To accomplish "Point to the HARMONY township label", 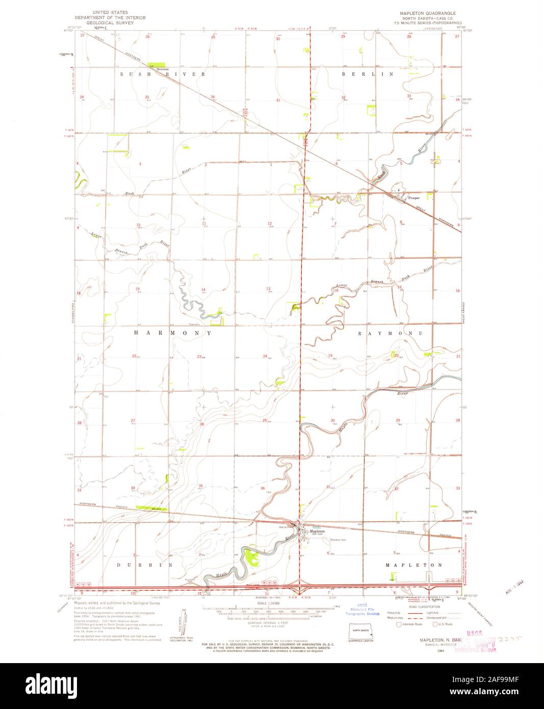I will pyautogui.click(x=172, y=333).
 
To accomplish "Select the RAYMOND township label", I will pyautogui.click(x=390, y=333).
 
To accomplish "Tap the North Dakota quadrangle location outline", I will pyautogui.click(x=361, y=630).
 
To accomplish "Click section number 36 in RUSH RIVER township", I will pyautogui.click(x=212, y=97).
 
